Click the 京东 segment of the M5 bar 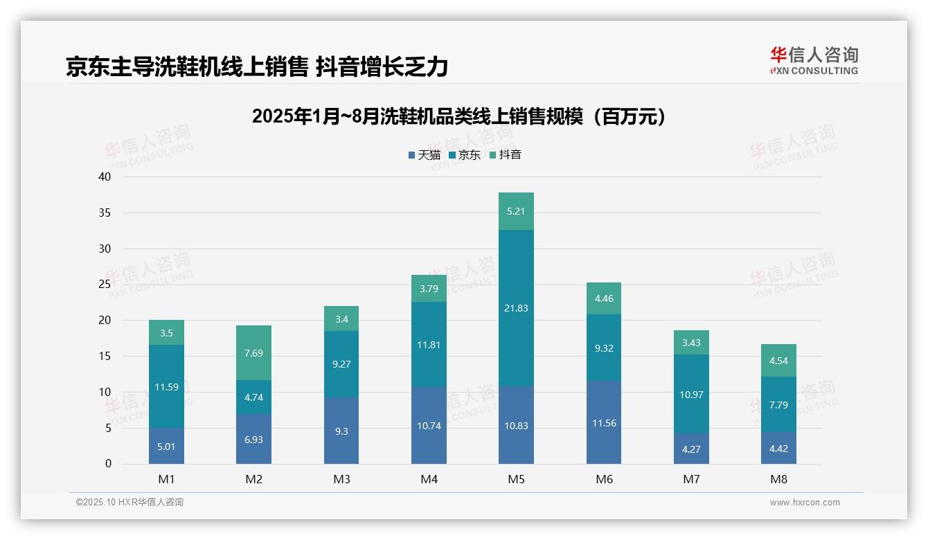click(516, 308)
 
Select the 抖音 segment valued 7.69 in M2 click(253, 353)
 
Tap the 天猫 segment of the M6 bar click(603, 422)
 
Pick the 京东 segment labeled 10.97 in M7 click(691, 395)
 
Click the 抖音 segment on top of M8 click(778, 360)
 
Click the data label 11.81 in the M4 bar click(429, 345)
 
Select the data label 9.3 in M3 click(341, 431)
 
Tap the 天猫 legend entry click(424, 155)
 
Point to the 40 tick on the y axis click(105, 177)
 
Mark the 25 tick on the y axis click(105, 285)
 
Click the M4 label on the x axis click(429, 479)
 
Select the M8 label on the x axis click(778, 479)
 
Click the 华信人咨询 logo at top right click(814, 60)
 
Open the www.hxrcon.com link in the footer click(805, 503)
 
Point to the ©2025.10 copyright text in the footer click(130, 503)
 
